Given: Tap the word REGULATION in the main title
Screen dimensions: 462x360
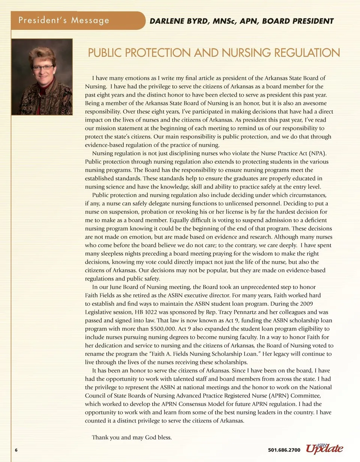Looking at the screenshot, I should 307,52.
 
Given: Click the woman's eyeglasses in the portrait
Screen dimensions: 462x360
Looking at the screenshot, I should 43,67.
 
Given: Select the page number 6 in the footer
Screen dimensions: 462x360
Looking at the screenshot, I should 16,450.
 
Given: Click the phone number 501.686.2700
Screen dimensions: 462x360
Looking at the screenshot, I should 284,450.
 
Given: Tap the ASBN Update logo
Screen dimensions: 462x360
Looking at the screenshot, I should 324,448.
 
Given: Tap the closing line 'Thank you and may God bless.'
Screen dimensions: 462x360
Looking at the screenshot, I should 132,437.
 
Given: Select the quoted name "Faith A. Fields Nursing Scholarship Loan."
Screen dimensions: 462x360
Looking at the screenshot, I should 195,354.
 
